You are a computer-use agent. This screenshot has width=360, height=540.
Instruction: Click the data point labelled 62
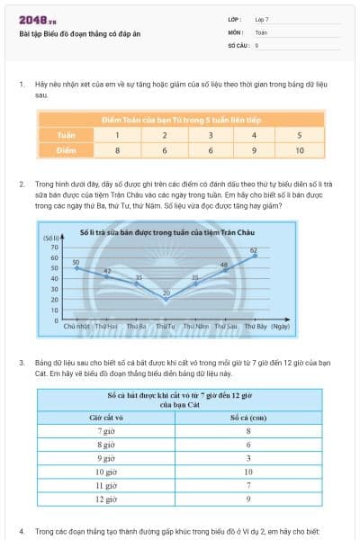pyautogui.click(x=255, y=256)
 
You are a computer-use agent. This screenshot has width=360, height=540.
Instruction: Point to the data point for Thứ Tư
pyautogui.click(x=166, y=295)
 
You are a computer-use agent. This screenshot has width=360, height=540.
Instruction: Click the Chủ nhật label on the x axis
pyautogui.click(x=76, y=326)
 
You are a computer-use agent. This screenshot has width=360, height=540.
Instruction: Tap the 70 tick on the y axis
pyautogui.click(x=54, y=247)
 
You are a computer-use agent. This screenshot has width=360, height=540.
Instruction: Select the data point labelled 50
pyautogui.click(x=76, y=268)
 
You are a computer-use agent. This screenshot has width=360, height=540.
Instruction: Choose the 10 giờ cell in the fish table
pyautogui.click(x=106, y=471)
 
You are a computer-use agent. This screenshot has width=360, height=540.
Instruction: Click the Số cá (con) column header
pyautogui.click(x=247, y=418)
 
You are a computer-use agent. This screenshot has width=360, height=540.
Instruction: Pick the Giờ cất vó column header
pyautogui.click(x=106, y=418)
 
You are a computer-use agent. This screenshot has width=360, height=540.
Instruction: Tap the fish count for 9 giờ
pyautogui.click(x=247, y=458)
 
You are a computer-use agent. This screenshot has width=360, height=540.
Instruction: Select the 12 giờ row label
pyautogui.click(x=106, y=498)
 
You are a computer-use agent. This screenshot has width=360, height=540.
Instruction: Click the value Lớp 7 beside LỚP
pyautogui.click(x=262, y=19)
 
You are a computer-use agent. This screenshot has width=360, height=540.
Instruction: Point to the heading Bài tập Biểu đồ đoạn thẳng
pyautogui.click(x=81, y=33)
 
